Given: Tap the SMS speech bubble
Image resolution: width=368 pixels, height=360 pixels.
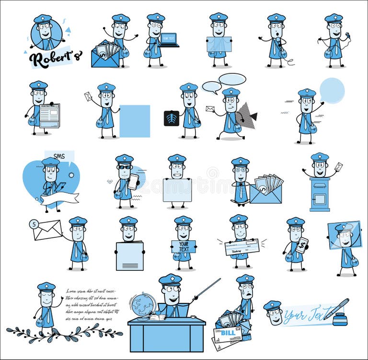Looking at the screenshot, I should coord(59,156).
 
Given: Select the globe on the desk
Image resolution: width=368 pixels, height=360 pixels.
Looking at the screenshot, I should coord(143,304).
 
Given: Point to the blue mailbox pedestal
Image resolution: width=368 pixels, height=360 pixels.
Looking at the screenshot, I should coord(319,194).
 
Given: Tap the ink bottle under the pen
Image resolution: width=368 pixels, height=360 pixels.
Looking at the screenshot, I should coord(340,320).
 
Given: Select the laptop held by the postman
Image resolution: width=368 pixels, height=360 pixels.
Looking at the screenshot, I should coord(169,39).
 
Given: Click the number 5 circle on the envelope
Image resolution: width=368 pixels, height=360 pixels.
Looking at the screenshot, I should coord(34,223).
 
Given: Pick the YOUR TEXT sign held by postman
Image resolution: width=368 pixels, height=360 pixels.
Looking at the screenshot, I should coord(184,246).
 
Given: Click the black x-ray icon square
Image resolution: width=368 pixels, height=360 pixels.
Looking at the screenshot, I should coord(171,118).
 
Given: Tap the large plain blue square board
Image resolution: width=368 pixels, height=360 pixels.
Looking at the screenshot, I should coord(134,121).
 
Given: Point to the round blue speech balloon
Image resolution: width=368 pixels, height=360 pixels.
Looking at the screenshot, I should coord(332,90).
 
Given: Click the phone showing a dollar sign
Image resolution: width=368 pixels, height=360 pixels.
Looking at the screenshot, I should coord(301,245).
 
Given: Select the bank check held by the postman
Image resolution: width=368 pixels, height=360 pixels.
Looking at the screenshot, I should coord(242,246).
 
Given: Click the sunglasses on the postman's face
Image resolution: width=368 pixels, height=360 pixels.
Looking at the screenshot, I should coord(124,167).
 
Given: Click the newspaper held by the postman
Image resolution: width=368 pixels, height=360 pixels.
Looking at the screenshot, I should coord(50,116).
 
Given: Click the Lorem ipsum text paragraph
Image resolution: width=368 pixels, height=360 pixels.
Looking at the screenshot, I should coord(91,304).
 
